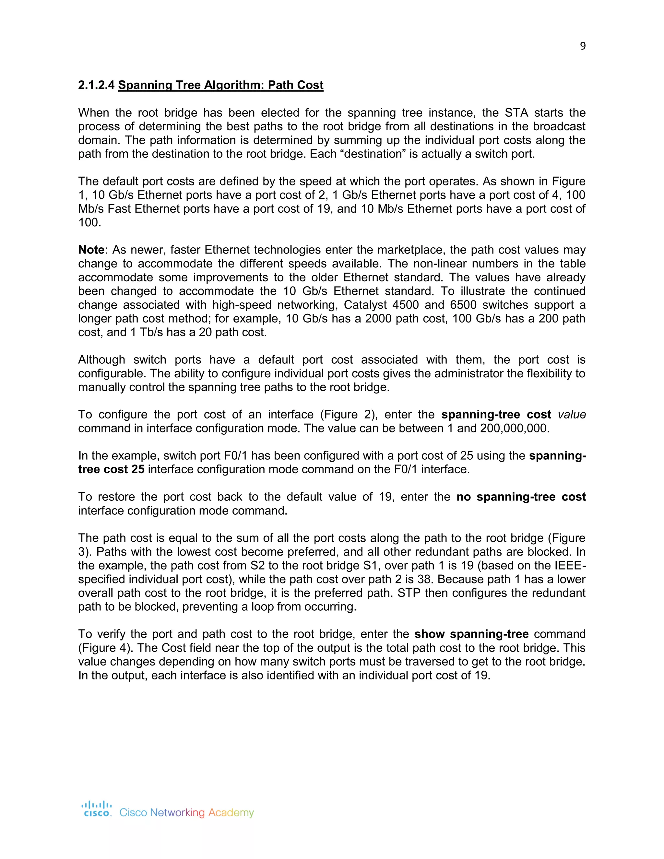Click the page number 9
(583, 46)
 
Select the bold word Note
(91, 250)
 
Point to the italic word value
(572, 415)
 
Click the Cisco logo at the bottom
(97, 809)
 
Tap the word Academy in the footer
(231, 813)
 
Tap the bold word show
(430, 634)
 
